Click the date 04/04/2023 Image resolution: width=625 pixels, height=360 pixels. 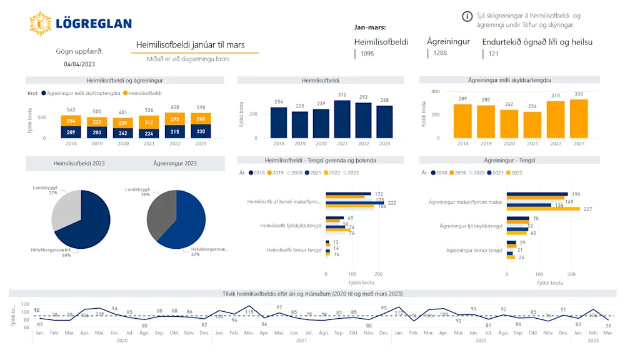(x=79, y=64)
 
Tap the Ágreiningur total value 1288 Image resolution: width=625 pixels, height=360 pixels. (x=440, y=53)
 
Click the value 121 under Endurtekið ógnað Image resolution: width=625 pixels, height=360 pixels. (x=494, y=54)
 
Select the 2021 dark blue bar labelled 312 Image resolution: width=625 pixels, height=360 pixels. (x=342, y=119)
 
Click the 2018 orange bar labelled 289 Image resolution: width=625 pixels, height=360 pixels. (x=462, y=121)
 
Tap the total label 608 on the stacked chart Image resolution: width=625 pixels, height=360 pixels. (x=176, y=107)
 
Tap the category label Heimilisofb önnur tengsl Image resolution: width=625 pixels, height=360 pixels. (x=294, y=250)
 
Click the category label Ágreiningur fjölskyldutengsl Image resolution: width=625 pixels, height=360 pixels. (x=471, y=226)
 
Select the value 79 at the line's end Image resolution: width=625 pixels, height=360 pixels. (x=608, y=326)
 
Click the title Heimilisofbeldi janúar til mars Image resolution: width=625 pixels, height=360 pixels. (x=191, y=45)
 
